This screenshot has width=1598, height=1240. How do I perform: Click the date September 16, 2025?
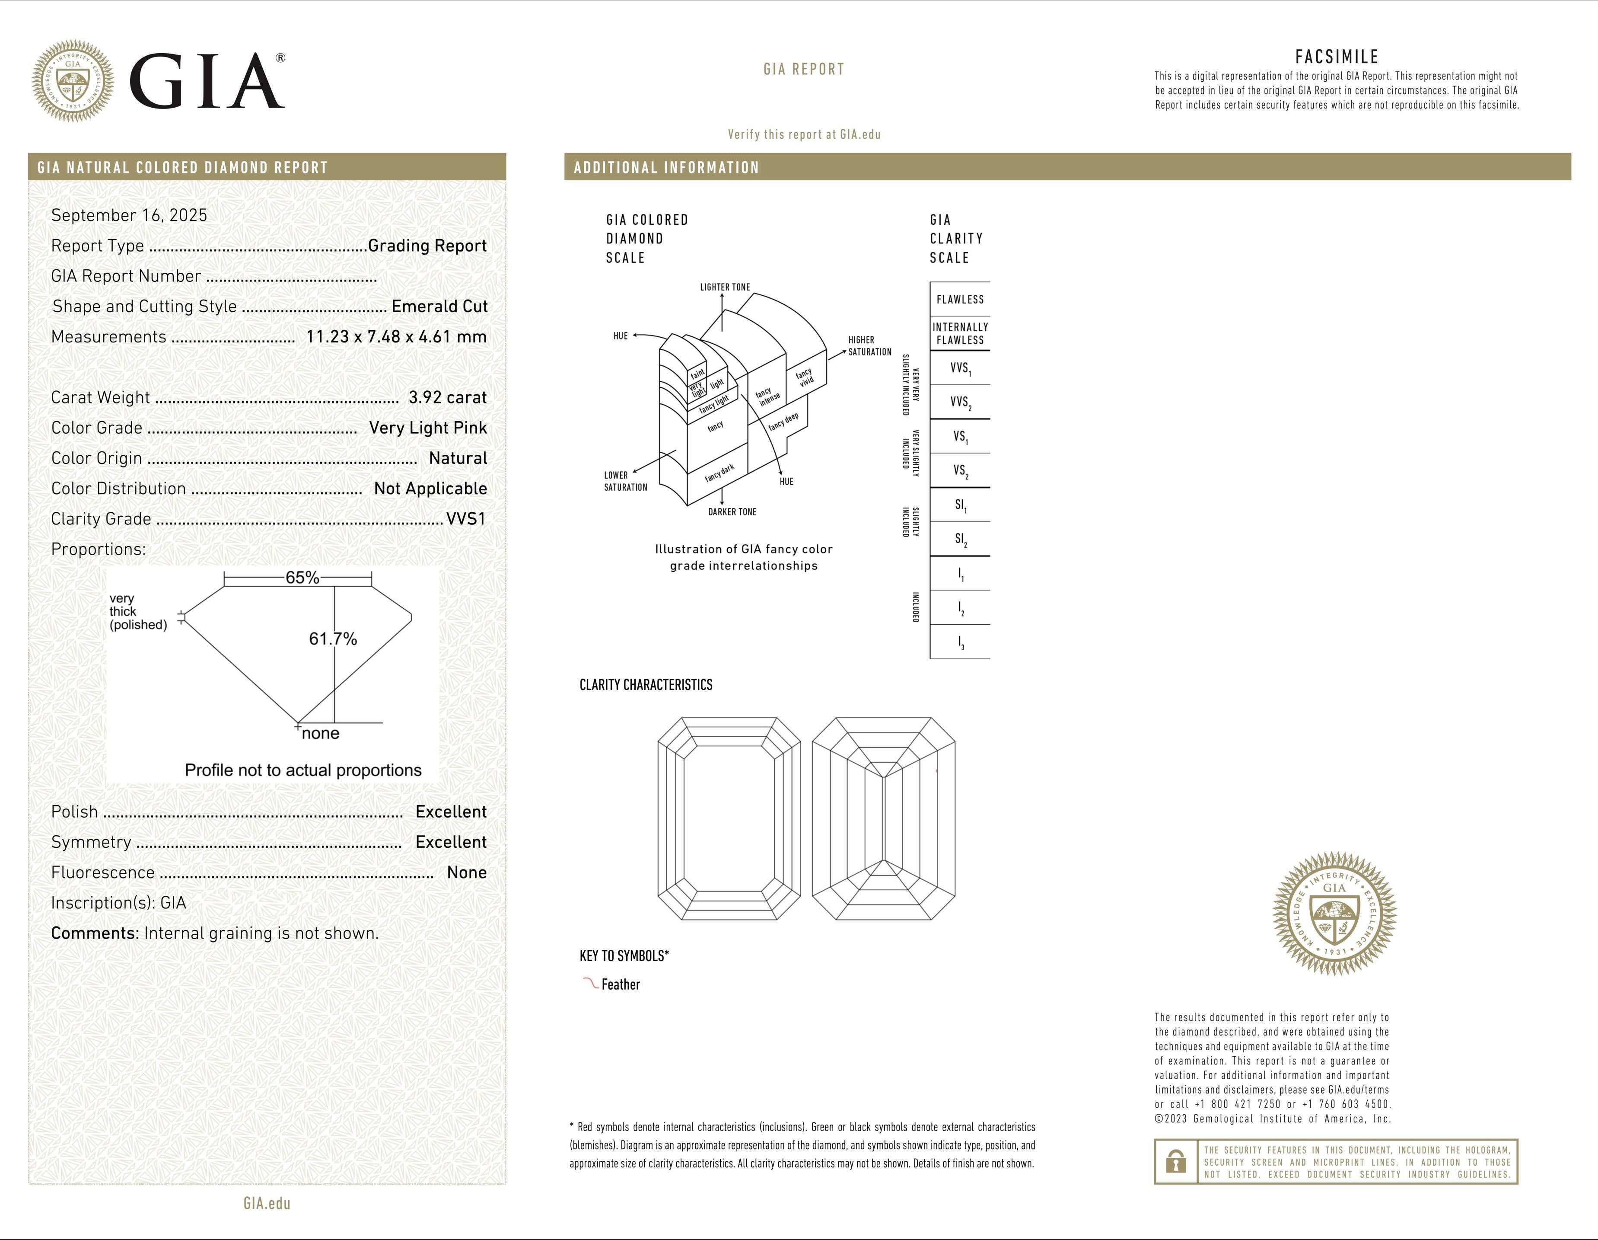(x=129, y=215)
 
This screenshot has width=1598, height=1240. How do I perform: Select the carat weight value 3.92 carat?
(x=447, y=397)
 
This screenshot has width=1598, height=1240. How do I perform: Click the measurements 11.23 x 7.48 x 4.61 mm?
(x=396, y=337)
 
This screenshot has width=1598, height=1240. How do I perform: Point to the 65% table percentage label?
(x=302, y=578)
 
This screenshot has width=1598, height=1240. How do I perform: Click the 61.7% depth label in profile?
(x=333, y=639)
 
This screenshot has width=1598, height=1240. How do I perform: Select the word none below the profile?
(x=321, y=733)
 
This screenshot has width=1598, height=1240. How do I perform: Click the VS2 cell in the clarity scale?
(x=961, y=471)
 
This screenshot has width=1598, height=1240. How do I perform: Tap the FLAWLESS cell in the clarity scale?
(x=960, y=299)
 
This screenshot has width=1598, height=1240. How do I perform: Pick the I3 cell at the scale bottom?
(x=961, y=642)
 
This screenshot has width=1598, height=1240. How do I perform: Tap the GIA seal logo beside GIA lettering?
(x=73, y=80)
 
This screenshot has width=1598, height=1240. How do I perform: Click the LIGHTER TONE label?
(x=724, y=287)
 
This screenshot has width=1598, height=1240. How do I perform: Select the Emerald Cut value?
(x=439, y=307)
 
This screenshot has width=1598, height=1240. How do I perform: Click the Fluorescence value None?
(x=466, y=872)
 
